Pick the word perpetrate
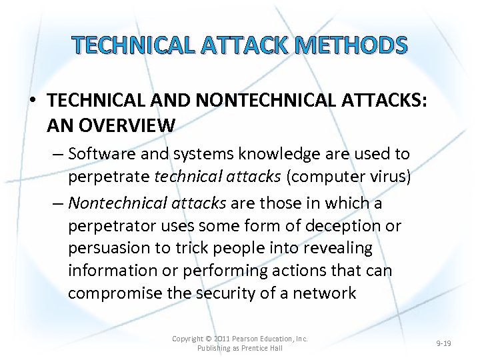(x=109, y=177)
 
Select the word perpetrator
(x=110, y=225)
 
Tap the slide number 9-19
(x=443, y=343)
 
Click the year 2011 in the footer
(x=223, y=339)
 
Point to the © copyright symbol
(x=207, y=339)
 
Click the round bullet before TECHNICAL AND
(x=32, y=101)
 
